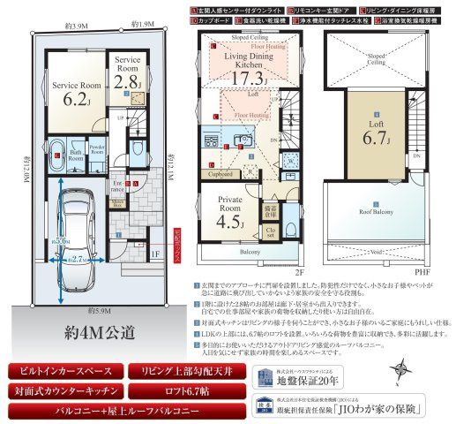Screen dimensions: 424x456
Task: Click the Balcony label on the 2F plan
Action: [x=251, y=252]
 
